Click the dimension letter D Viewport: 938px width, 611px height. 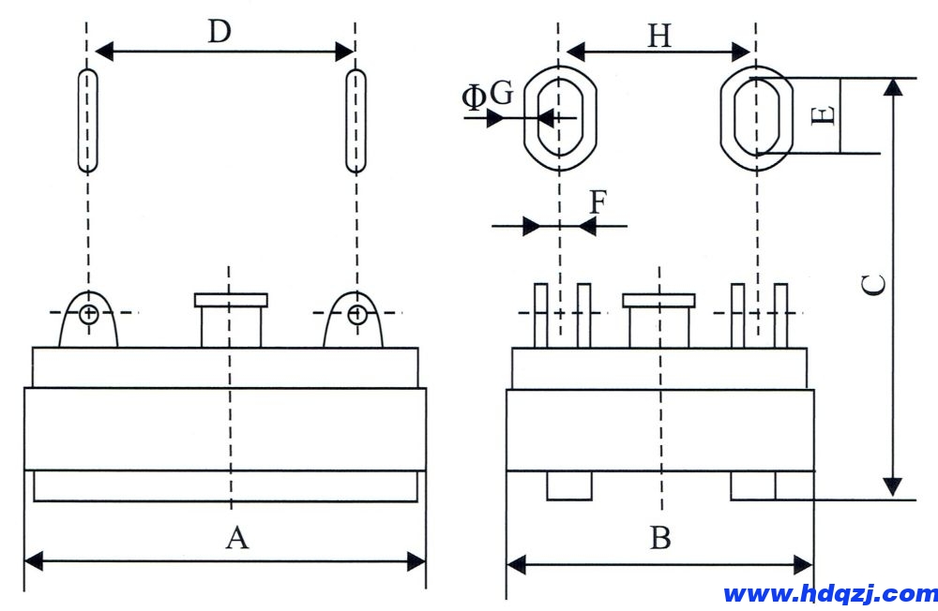(219, 32)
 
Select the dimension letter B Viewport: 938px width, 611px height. (660, 539)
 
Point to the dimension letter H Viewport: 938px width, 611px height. (660, 37)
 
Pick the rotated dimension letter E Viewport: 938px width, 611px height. (822, 115)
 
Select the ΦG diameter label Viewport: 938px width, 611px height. (488, 95)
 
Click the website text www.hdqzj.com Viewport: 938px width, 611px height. (830, 593)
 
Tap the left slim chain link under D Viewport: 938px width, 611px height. (87, 120)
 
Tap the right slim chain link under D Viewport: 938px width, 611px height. (356, 120)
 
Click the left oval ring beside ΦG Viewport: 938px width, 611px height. (559, 117)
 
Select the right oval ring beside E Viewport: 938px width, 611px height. (756, 117)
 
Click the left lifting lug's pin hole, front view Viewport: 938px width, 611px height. (88, 313)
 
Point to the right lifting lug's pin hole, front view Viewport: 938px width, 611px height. (356, 313)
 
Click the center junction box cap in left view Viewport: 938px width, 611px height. (231, 300)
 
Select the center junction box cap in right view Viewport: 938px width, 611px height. (659, 300)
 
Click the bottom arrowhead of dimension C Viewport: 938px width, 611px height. (893, 487)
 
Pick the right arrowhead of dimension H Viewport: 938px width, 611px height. (741, 51)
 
